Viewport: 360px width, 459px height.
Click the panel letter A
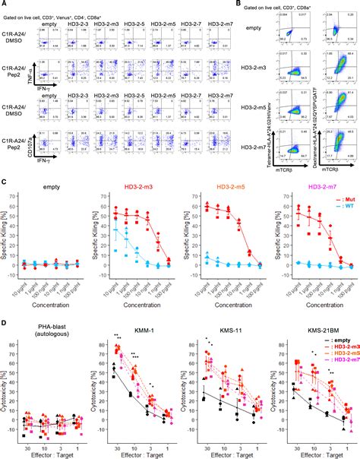4,5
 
